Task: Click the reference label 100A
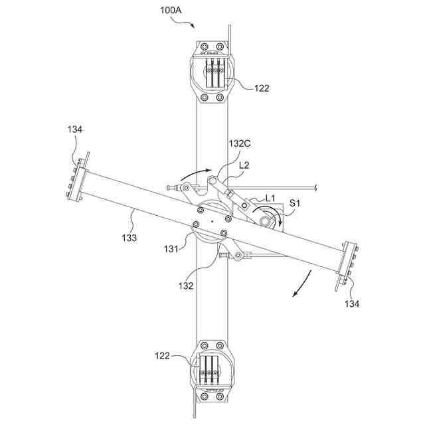pos(171,11)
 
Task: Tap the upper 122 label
pos(262,87)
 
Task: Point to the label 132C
pos(240,143)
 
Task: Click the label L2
pos(244,165)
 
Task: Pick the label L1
pos(270,199)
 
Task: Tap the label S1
pos(293,204)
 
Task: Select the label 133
pos(129,236)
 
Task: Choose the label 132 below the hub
pos(186,286)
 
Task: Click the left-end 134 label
pos(74,130)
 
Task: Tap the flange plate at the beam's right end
pos(346,265)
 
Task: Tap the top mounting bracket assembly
pos(212,72)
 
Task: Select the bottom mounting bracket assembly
pos(212,371)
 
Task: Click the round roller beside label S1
pos(269,220)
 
